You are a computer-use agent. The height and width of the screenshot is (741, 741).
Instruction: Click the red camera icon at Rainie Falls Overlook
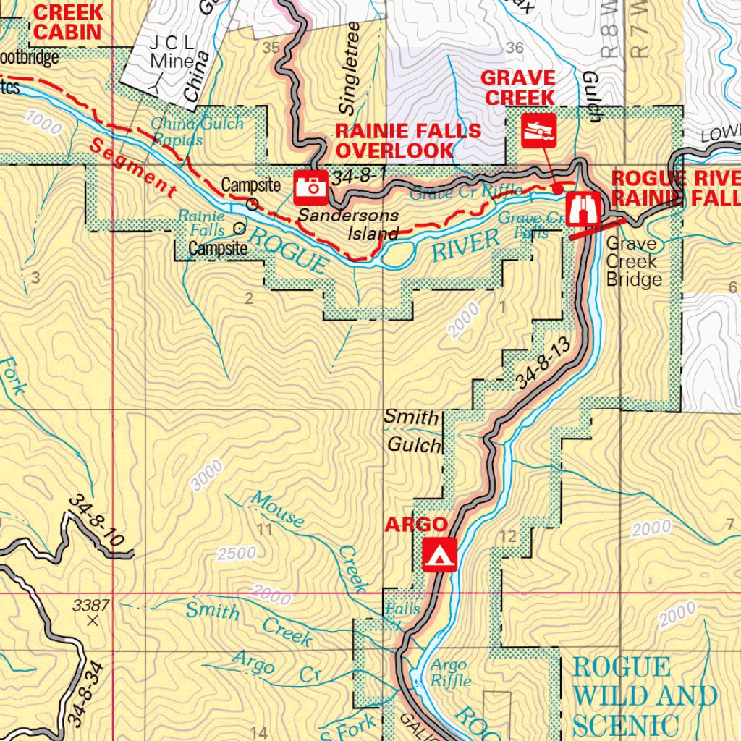pos(312,187)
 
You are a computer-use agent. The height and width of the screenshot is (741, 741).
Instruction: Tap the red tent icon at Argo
pos(439,554)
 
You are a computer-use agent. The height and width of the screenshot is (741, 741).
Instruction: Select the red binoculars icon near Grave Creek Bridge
pos(583,209)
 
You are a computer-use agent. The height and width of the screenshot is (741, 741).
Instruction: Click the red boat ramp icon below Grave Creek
pos(539,130)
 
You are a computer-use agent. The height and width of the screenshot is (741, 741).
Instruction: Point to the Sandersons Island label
pos(349,224)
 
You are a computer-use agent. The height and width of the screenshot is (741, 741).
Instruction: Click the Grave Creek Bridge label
pos(634,262)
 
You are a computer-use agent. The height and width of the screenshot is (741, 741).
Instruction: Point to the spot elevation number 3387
pos(91,605)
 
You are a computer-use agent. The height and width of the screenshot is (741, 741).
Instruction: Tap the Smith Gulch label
pos(412,431)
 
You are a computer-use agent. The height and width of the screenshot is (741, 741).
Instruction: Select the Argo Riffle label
pos(450,673)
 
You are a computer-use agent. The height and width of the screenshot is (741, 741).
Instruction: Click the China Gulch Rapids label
pos(197,131)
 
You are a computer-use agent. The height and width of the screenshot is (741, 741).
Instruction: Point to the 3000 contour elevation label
pos(209,474)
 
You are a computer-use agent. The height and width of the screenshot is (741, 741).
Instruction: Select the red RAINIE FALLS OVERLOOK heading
pos(407,140)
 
